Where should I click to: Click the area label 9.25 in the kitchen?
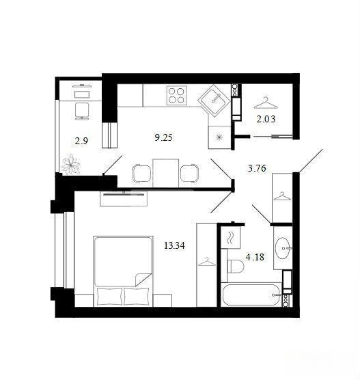pos(163,137)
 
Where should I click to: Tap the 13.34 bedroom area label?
pos(174,245)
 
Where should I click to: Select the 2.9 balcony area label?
pos(81,141)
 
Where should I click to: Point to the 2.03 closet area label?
pos(266,119)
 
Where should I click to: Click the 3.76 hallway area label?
pos(257,168)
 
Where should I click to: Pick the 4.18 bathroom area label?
pos(255,257)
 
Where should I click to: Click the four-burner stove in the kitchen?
pos(177,96)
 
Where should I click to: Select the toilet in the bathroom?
pos(236,267)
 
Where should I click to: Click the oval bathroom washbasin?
pos(283,248)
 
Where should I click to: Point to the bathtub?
pos(252,295)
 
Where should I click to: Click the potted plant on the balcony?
pos(71,165)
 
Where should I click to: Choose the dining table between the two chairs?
pos(166,173)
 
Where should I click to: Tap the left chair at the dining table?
pos(141,174)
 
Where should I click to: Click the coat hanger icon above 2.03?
pos(266,103)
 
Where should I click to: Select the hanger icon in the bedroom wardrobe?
pos(207,262)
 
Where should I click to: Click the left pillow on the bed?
pos(109,296)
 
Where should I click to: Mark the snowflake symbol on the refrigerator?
pos(219,137)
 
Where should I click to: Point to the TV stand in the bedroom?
pos(124,199)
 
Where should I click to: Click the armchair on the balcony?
pos(82,111)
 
